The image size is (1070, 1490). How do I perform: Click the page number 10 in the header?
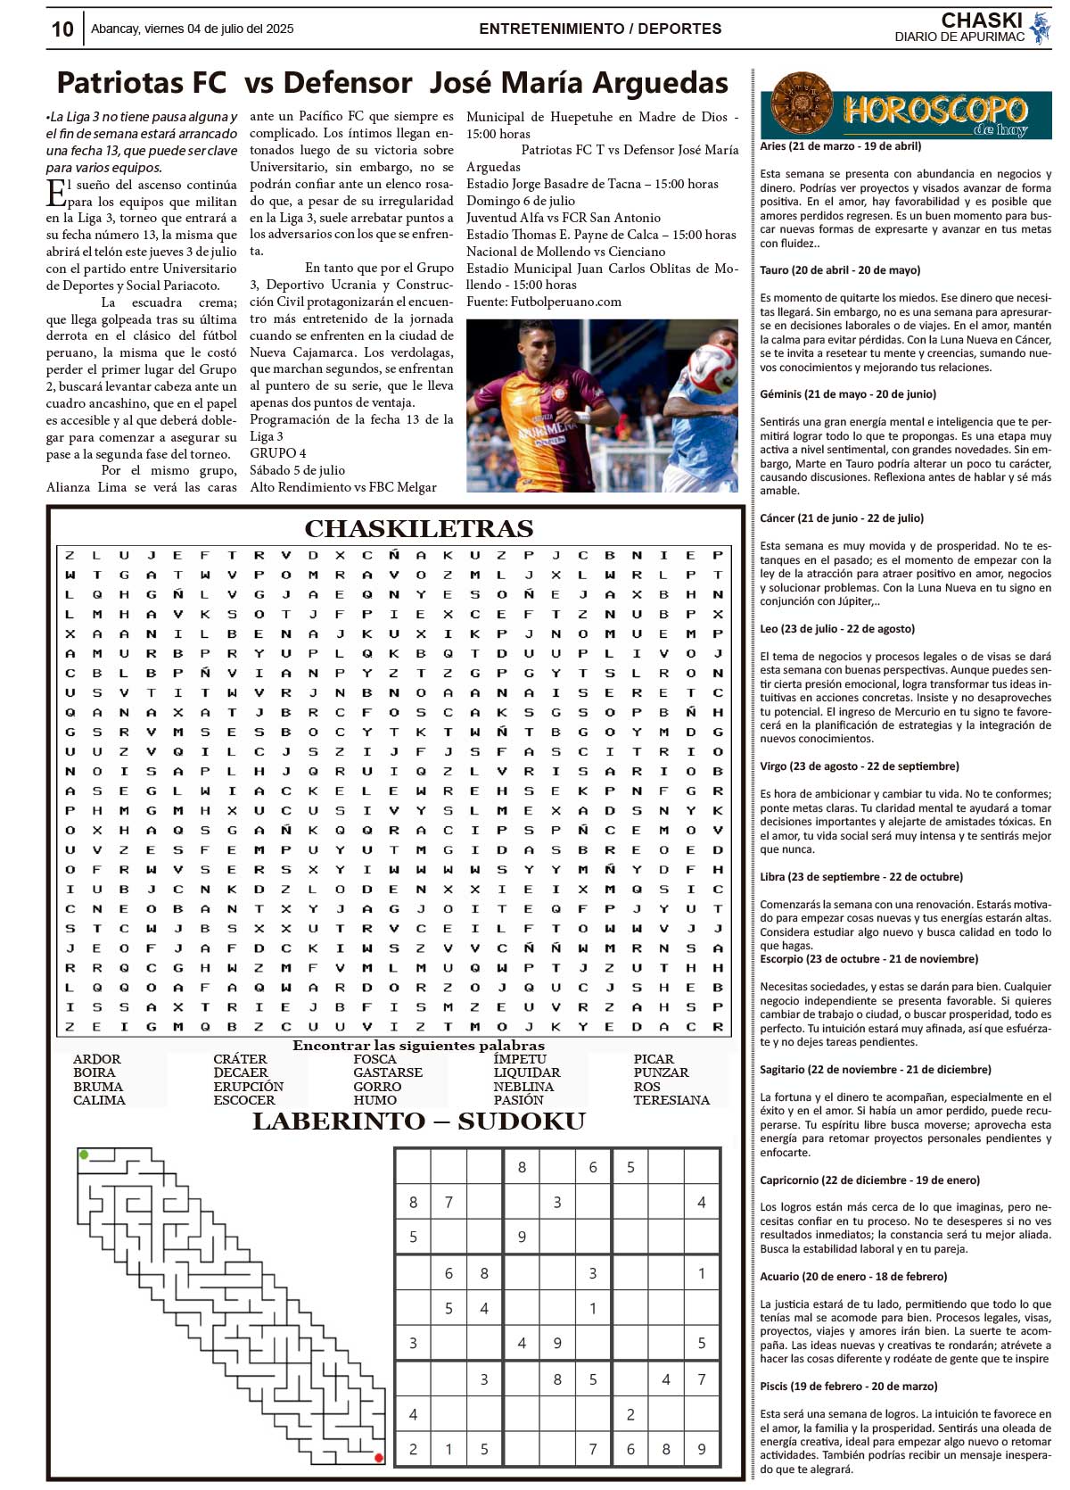62,29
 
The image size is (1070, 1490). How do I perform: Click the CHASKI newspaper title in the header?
981,21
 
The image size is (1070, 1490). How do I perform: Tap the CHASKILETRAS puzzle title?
419,528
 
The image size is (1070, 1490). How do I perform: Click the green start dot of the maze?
84,1155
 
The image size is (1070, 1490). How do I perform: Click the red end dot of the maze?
379,1457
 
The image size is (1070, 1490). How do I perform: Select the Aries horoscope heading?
840,146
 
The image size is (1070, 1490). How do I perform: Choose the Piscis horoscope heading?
848,1387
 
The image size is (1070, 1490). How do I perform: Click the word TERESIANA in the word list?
671,1100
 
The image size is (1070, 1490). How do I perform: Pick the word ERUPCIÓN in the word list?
248,1087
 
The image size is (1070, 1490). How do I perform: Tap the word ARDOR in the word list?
97,1059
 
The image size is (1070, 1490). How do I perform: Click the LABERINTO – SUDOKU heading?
419,1122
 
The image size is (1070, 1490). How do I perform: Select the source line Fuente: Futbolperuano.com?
544,302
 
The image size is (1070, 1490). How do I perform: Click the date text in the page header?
192,29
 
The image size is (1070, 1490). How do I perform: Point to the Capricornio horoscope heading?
869,1180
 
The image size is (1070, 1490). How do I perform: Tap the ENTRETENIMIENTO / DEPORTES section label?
600,29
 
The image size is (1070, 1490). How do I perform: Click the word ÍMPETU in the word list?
520,1059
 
